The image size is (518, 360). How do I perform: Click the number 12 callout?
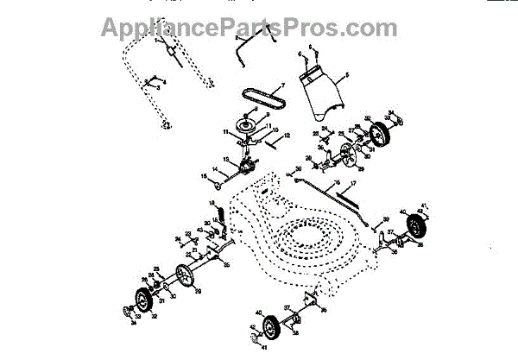pyautogui.click(x=287, y=136)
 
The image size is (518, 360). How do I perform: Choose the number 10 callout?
pyautogui.click(x=276, y=129)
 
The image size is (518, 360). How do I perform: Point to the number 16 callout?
pyautogui.click(x=204, y=180)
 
